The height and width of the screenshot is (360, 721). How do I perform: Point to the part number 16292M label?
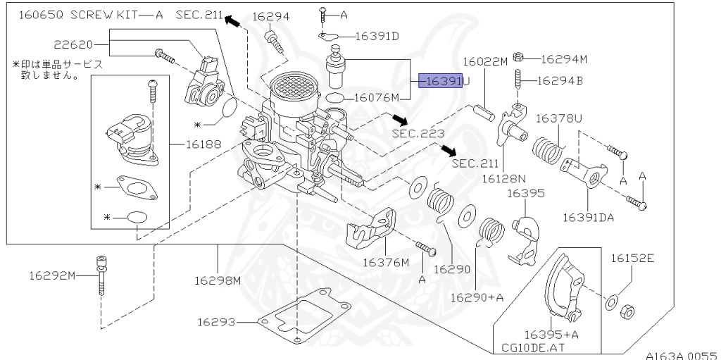(52, 275)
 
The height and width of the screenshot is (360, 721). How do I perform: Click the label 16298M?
(218, 280)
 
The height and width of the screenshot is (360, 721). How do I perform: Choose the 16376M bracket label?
(386, 263)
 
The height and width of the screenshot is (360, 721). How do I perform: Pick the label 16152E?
(632, 259)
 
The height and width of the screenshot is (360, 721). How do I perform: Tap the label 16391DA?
(588, 217)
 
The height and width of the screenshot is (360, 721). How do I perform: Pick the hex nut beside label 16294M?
(518, 57)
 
